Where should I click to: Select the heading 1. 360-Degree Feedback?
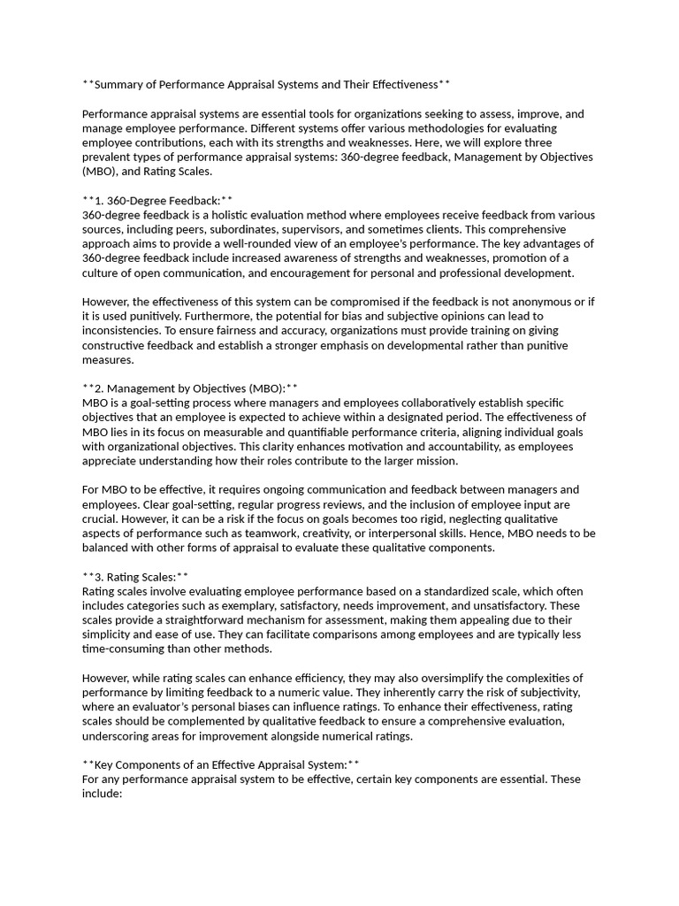[x=156, y=201]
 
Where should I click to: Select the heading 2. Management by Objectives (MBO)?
[x=189, y=388]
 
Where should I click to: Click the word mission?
[x=435, y=461]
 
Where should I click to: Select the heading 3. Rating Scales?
[x=134, y=577]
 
